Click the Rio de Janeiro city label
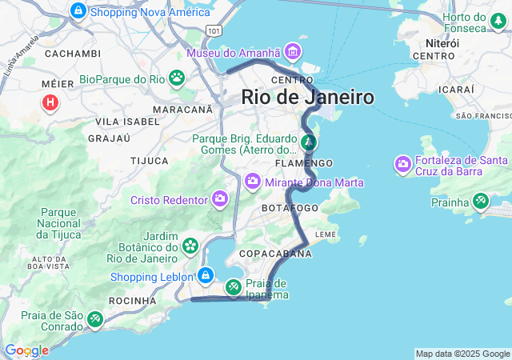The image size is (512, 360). click(x=308, y=98)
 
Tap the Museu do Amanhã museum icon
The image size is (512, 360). click(x=293, y=53)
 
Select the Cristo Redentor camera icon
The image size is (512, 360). click(x=219, y=198)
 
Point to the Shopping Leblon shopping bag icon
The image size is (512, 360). click(x=206, y=276)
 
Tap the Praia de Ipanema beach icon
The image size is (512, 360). click(x=233, y=286)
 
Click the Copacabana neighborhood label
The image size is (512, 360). click(x=286, y=254)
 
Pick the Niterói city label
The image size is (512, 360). click(x=442, y=42)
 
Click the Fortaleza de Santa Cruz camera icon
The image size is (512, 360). click(x=403, y=165)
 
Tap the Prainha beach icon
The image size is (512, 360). click(x=481, y=202)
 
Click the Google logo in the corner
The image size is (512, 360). click(x=26, y=350)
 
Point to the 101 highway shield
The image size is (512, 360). click(x=213, y=30)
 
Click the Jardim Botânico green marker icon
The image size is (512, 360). click(x=190, y=245)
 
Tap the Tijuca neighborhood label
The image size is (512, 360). click(x=150, y=161)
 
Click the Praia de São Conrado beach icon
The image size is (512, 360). click(x=95, y=320)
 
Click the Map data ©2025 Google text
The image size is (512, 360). click(x=462, y=354)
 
